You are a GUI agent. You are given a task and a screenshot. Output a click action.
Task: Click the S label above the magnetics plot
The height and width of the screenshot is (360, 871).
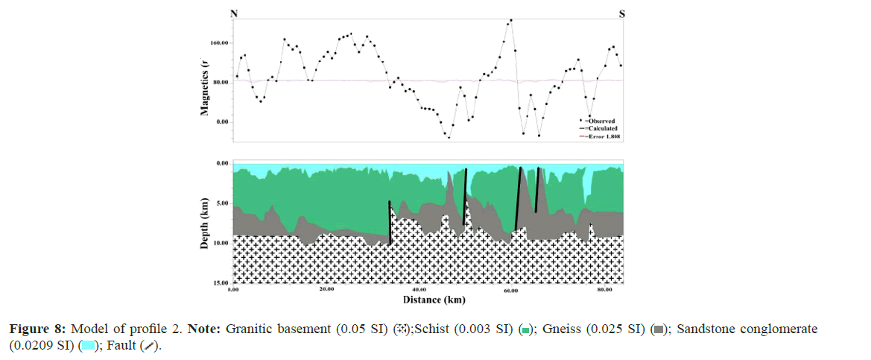click(x=623, y=13)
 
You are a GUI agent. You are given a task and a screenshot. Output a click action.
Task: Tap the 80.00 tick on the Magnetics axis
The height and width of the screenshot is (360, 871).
click(x=219, y=82)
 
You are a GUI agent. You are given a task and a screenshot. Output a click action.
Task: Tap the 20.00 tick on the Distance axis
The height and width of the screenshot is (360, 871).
click(x=326, y=291)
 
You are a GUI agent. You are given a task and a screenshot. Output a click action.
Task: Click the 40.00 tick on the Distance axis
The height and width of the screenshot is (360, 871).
click(x=419, y=291)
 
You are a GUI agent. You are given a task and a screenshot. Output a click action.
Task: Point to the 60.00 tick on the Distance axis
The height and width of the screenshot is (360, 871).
click(x=511, y=291)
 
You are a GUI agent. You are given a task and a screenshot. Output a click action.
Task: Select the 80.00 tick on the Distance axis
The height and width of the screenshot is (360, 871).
click(x=604, y=291)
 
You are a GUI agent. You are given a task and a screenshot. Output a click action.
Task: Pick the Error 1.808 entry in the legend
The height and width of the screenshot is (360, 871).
click(x=602, y=136)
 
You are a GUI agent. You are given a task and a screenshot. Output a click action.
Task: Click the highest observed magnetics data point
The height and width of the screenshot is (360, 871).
click(x=510, y=20)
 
